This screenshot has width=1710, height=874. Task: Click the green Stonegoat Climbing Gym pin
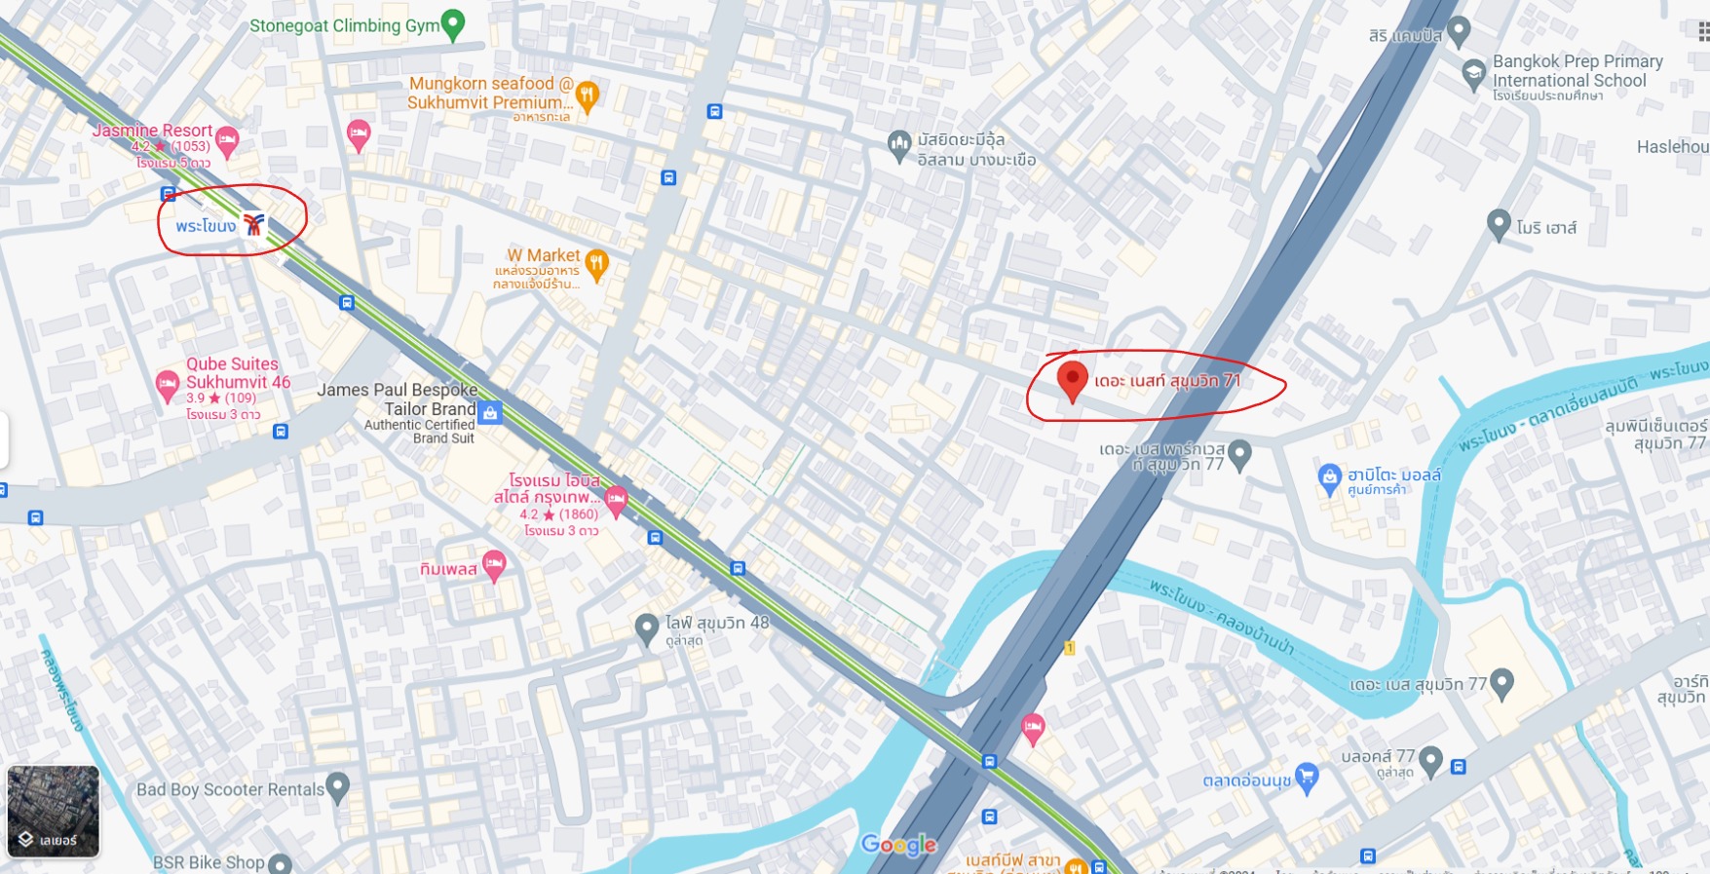pos(452,24)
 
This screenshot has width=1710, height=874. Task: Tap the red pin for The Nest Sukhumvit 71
pos(1072,380)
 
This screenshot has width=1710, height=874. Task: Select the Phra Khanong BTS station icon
pos(253,225)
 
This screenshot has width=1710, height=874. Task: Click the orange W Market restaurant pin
pos(597,263)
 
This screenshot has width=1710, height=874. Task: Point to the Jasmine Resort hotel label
pos(152,131)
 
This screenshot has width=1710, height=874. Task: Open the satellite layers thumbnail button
pos(53,811)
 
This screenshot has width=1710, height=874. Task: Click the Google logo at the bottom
pos(898,845)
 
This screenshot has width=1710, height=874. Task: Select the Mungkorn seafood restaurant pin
pos(587,95)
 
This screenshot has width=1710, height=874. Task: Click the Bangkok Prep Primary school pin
pos(1473,74)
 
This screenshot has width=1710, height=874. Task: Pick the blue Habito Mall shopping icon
pos(1329,477)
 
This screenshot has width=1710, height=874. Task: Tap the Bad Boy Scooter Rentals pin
pos(338,786)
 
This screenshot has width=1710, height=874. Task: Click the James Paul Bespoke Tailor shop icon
pos(490,412)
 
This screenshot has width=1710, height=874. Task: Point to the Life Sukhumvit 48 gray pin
pos(646,628)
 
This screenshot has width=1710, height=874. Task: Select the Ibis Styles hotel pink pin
pos(616,501)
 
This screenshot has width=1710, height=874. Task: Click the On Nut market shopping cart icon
pos(1307,777)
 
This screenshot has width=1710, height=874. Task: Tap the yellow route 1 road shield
pos(1069,648)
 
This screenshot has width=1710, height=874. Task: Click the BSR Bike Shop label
pos(209,862)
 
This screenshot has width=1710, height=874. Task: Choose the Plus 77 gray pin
pos(1430,760)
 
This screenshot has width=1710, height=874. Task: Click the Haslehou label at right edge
pos(1672,147)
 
